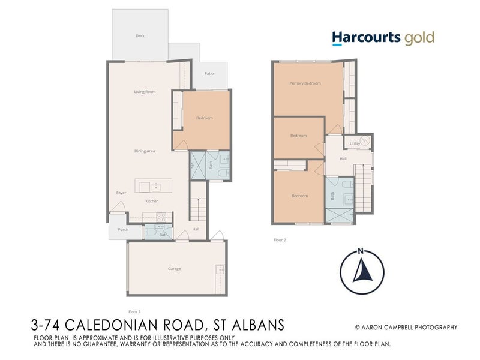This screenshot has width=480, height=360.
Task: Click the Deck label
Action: pos(140,36)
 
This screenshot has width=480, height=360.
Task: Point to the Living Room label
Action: pos(145,92)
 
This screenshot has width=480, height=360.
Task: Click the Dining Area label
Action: pos(145,151)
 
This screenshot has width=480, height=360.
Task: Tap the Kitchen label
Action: pos(151,201)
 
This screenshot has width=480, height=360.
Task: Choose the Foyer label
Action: pos(121,193)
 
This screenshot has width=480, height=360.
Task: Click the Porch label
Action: pos(123,229)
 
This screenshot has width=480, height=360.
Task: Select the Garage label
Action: pos(174,269)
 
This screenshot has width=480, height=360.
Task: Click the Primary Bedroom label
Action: pos(304,83)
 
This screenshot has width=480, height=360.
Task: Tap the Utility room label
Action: pos(355,144)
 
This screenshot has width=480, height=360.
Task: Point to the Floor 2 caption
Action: pos(280,239)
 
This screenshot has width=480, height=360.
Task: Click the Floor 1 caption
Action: pos(134,312)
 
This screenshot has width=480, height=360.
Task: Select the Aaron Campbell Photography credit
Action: pos(406,328)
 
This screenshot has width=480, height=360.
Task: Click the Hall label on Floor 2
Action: pos(343,159)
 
